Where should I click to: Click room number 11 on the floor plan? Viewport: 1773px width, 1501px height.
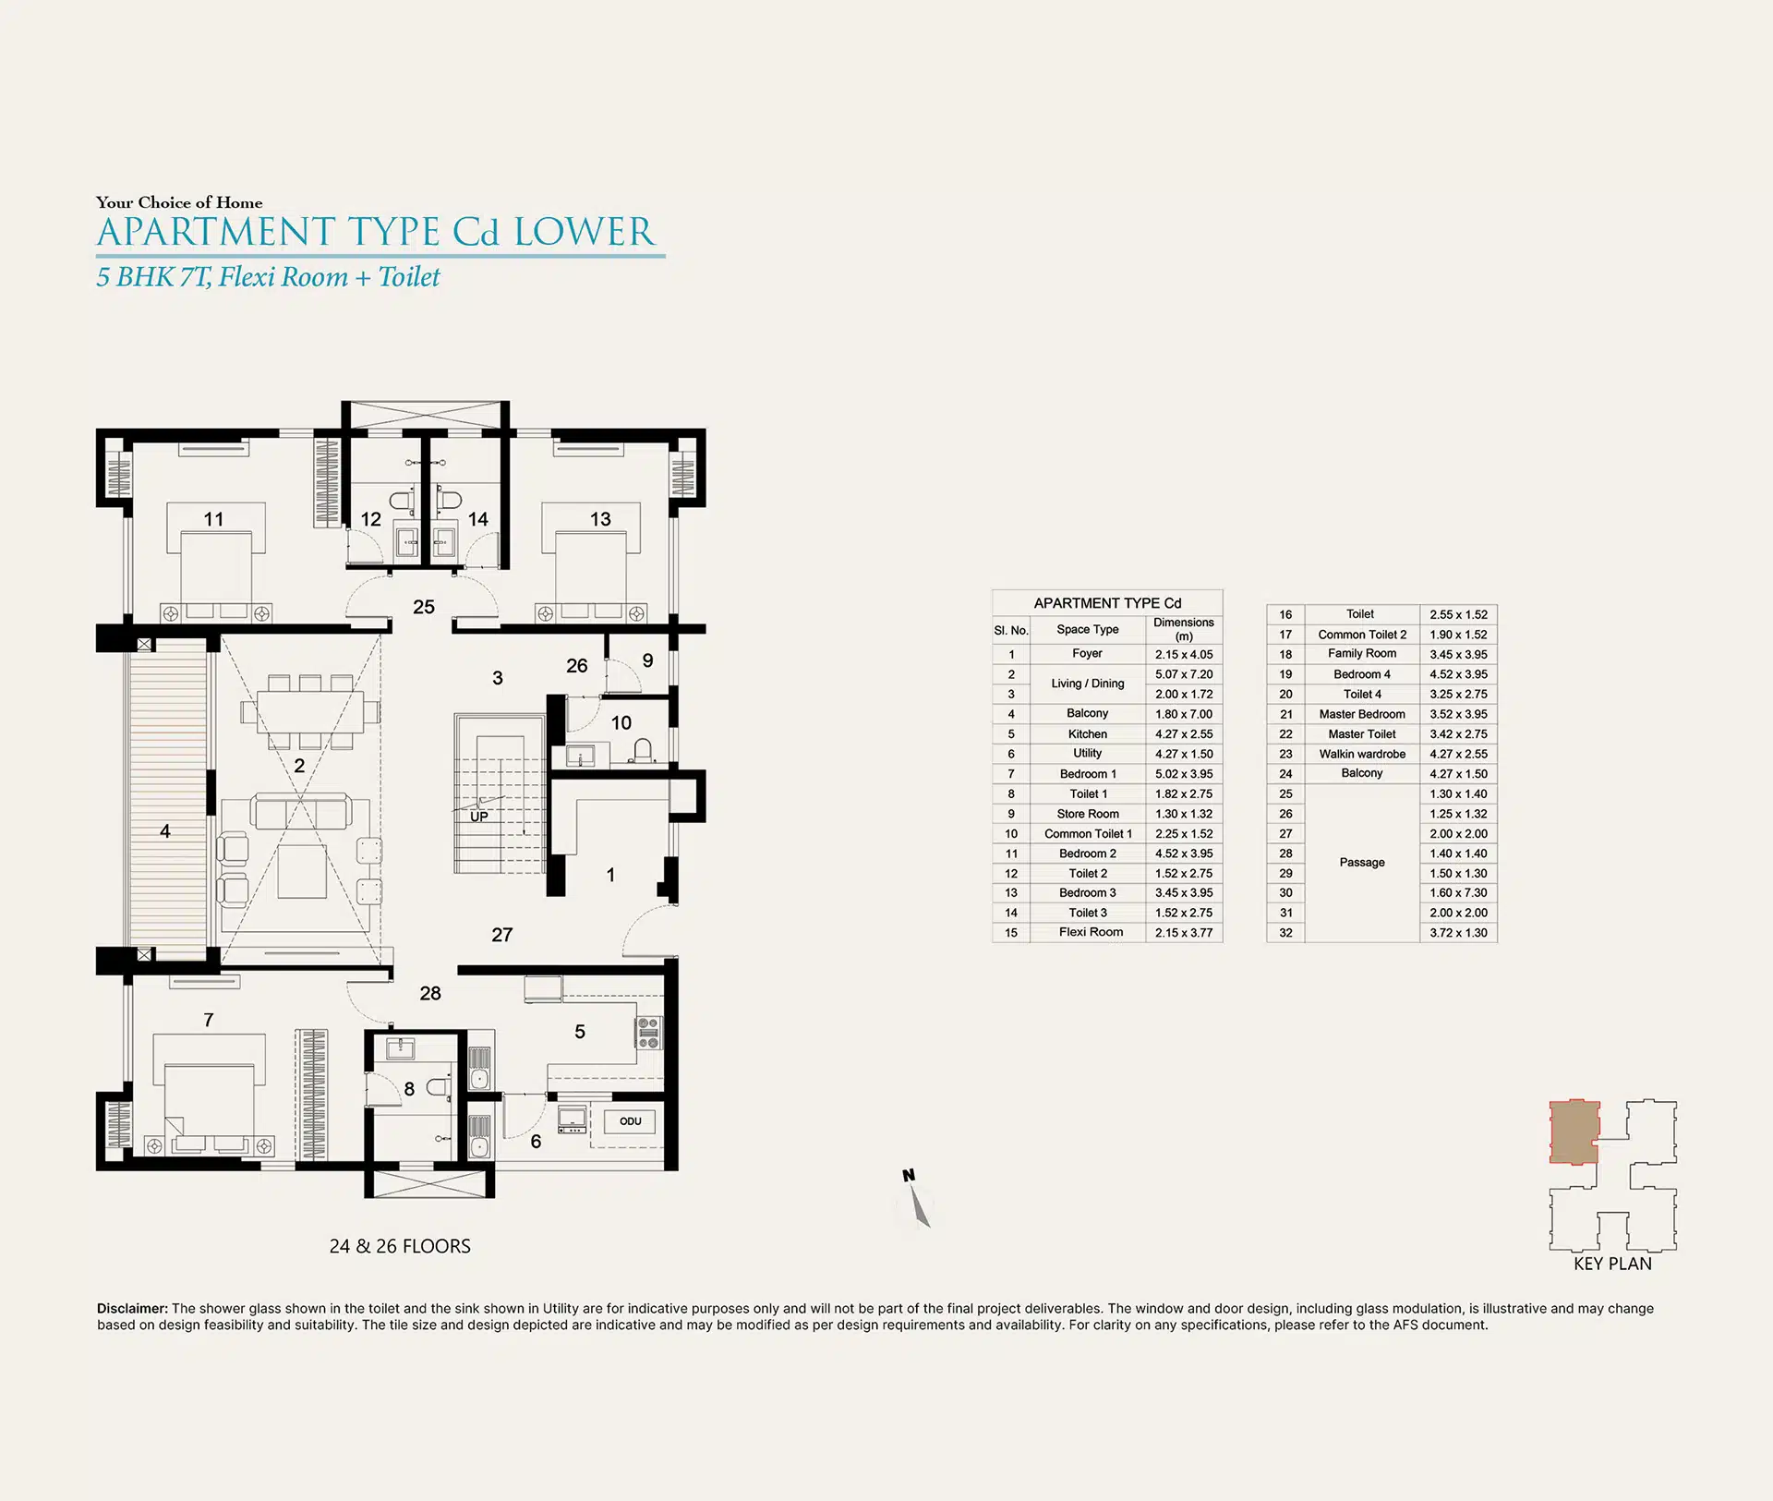point(213,519)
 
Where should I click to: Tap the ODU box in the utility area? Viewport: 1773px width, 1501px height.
point(631,1121)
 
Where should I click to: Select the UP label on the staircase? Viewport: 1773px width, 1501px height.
point(479,817)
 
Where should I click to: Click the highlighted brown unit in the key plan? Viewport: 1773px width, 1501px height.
point(1574,1132)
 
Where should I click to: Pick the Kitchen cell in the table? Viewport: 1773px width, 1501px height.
point(1087,734)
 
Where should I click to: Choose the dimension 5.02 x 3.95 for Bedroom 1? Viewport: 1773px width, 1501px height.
point(1184,774)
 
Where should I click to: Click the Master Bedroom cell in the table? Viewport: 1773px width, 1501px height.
point(1362,714)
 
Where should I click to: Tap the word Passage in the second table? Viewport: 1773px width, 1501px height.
point(1362,863)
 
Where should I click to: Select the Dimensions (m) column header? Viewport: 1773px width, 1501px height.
point(1184,629)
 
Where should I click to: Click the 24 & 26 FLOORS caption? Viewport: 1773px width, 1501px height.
point(400,1246)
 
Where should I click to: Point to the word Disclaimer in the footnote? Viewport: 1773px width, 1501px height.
point(132,1309)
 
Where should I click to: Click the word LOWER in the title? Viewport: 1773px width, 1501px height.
point(584,232)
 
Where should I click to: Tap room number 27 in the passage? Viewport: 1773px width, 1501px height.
point(501,935)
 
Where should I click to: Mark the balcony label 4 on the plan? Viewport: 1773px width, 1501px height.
point(165,831)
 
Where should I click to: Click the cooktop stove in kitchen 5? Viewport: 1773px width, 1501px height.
point(648,1033)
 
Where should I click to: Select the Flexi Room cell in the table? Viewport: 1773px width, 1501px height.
point(1091,932)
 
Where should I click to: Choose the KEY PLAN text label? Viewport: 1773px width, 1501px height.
point(1612,1264)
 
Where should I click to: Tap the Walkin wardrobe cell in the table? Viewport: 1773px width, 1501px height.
point(1362,754)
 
